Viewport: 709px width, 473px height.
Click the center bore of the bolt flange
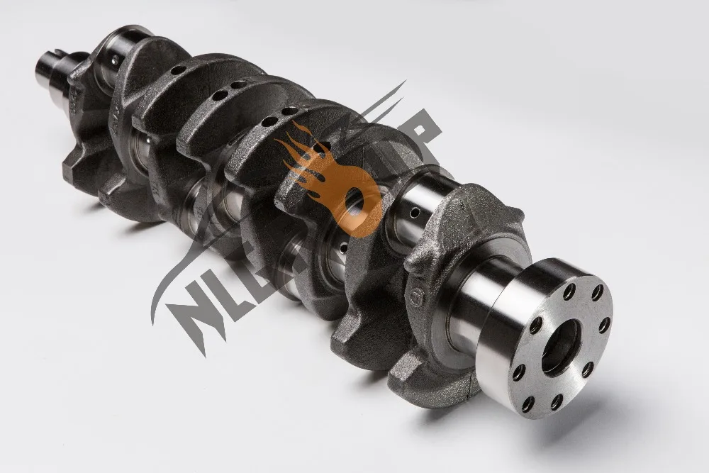tap(560, 347)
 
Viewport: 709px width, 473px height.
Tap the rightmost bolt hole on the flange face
tap(604, 325)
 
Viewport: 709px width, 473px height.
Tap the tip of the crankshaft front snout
tap(44, 69)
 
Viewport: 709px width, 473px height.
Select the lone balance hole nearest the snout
tap(178, 69)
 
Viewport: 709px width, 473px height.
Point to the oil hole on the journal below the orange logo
tap(345, 248)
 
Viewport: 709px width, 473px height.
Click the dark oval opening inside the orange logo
tap(354, 205)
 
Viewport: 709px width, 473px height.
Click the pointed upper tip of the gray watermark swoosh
tap(404, 83)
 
